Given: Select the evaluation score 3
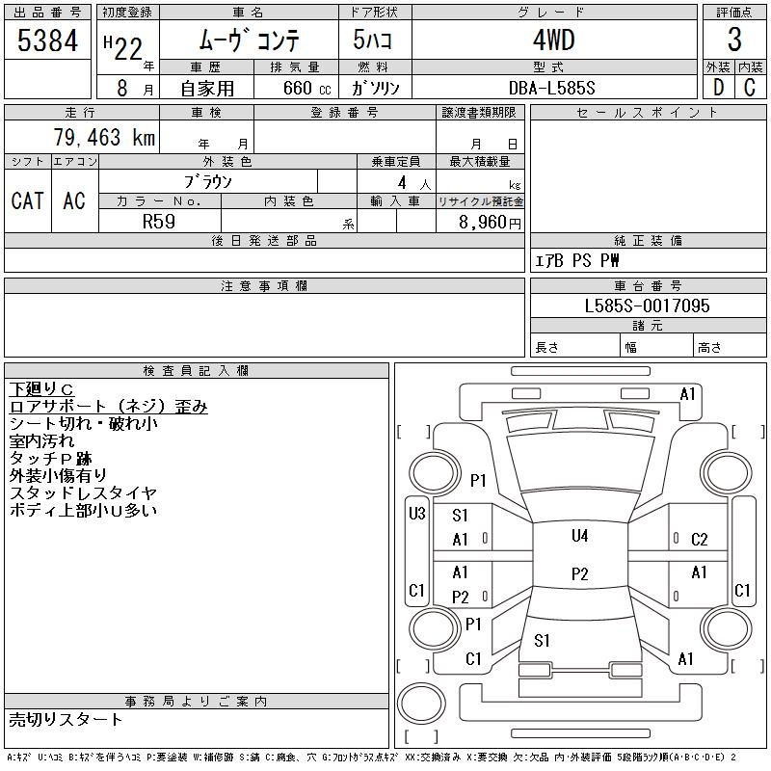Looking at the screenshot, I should point(734,40).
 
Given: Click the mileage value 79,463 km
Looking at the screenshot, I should point(105,137).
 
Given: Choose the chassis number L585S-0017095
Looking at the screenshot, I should point(648,306).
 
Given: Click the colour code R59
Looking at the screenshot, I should point(158,221).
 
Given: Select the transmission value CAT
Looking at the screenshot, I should point(28,200).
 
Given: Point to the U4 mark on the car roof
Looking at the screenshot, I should point(579,536).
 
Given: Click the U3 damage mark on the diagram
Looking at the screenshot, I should point(416,514).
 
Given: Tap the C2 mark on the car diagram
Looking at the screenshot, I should point(700,540).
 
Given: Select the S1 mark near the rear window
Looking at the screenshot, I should point(543,640).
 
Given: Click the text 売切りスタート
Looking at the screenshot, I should point(66,719).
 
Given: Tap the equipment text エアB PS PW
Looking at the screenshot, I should point(577,260).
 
